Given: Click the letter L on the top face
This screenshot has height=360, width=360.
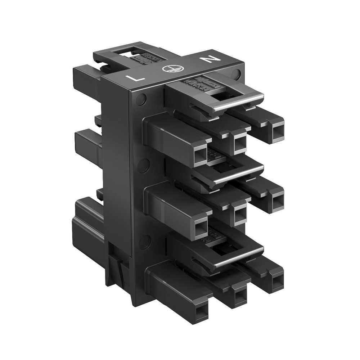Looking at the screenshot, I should click(x=139, y=78).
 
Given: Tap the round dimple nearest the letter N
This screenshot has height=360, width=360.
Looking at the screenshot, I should click(x=236, y=74).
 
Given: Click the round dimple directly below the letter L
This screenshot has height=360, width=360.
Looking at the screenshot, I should click(x=141, y=98).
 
